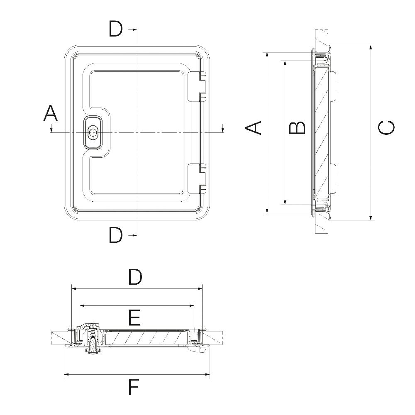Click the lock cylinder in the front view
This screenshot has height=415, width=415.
click(93, 132)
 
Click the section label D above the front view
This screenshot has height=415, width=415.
click(116, 29)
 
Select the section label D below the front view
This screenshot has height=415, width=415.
click(116, 235)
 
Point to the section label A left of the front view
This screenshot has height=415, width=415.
click(50, 113)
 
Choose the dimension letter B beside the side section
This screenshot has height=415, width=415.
click(297, 128)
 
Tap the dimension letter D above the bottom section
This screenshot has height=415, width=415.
click(135, 277)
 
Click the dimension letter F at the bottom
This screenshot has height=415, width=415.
click(134, 388)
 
